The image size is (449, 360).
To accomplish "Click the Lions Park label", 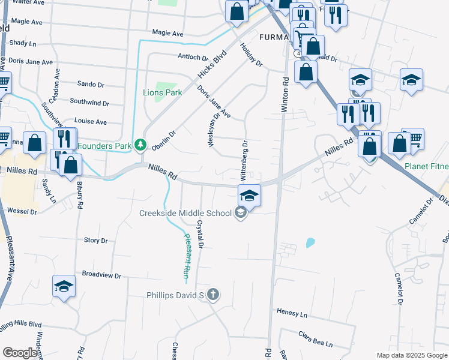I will pyautogui.click(x=162, y=93).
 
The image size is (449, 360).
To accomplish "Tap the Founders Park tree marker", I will pyautogui.click(x=140, y=145).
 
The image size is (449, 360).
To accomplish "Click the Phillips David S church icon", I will pyautogui.click(x=213, y=295).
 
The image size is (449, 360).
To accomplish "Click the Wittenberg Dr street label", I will pyautogui.click(x=244, y=161).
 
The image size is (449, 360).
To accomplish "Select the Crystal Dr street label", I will pyautogui.click(x=200, y=234).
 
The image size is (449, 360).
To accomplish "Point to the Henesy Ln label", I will pyautogui.click(x=292, y=313).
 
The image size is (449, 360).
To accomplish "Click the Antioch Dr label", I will pyautogui.click(x=193, y=58).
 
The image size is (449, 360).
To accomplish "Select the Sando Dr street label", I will pyautogui.click(x=91, y=85).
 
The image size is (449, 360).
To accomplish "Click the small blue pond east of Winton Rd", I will pyautogui.click(x=310, y=243).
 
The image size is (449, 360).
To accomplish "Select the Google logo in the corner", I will pyautogui.click(x=20, y=352).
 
